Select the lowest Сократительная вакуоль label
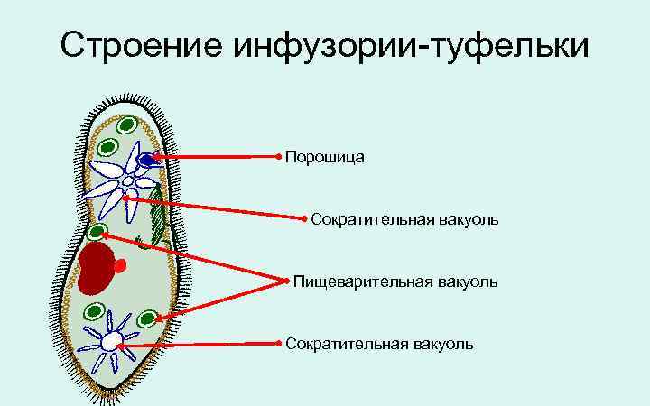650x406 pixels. pyautogui.click(x=378, y=344)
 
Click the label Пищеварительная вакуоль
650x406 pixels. pyautogui.click(x=395, y=282)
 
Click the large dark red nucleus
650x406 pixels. pyautogui.click(x=97, y=268)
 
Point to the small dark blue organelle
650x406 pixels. pyautogui.click(x=145, y=160)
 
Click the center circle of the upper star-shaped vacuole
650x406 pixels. pyautogui.click(x=128, y=181)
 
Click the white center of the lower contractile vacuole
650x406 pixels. pyautogui.click(x=110, y=341)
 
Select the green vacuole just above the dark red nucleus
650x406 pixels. pyautogui.click(x=97, y=232)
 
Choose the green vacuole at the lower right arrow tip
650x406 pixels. pyautogui.click(x=147, y=318)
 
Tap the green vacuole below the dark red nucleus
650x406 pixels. pyautogui.click(x=94, y=313)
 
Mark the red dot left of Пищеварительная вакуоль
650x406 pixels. pyautogui.click(x=287, y=281)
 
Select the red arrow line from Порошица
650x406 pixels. pyautogui.click(x=217, y=158)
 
